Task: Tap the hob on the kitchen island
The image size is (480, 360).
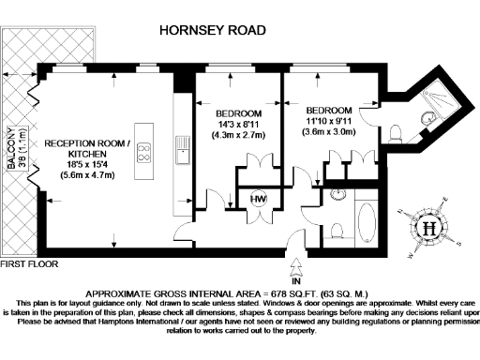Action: click(146, 153)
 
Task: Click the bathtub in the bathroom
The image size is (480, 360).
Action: click(364, 223)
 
